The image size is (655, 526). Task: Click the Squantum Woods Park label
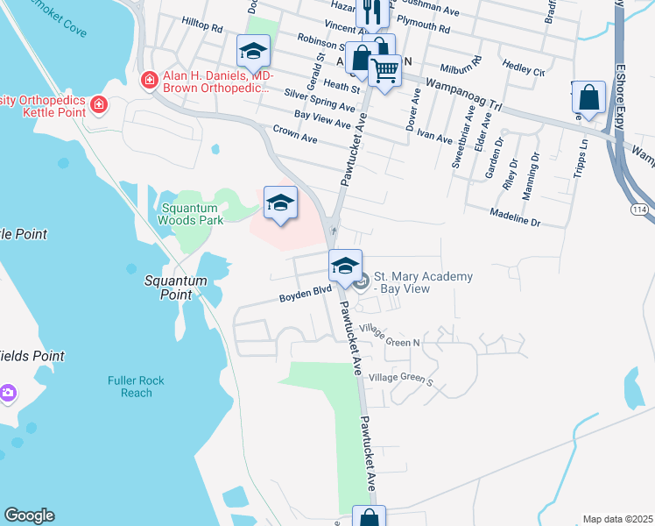(x=192, y=215)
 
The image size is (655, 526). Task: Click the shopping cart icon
(x=384, y=71)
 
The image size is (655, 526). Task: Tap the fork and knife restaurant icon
(x=370, y=12)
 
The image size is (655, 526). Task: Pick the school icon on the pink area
(x=279, y=203)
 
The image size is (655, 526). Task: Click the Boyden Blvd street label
(x=305, y=297)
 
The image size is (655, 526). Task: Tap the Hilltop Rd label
(x=202, y=27)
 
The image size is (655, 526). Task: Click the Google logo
(x=29, y=515)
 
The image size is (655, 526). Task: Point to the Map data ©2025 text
(x=618, y=519)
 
